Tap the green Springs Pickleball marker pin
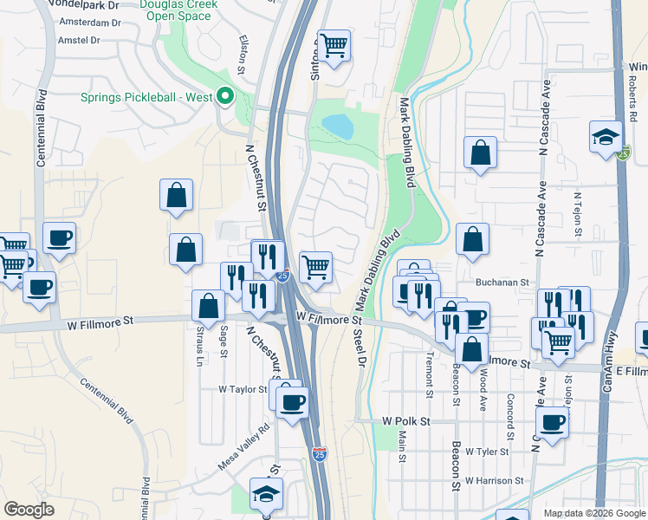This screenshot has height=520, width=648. click(226, 96)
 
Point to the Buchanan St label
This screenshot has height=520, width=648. click(502, 282)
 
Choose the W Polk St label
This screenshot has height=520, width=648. click(406, 420)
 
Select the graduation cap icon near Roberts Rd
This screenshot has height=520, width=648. click(606, 138)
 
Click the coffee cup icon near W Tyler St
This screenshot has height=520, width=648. click(551, 424)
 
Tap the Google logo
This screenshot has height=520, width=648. click(29, 510)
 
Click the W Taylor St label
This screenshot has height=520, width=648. click(243, 389)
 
